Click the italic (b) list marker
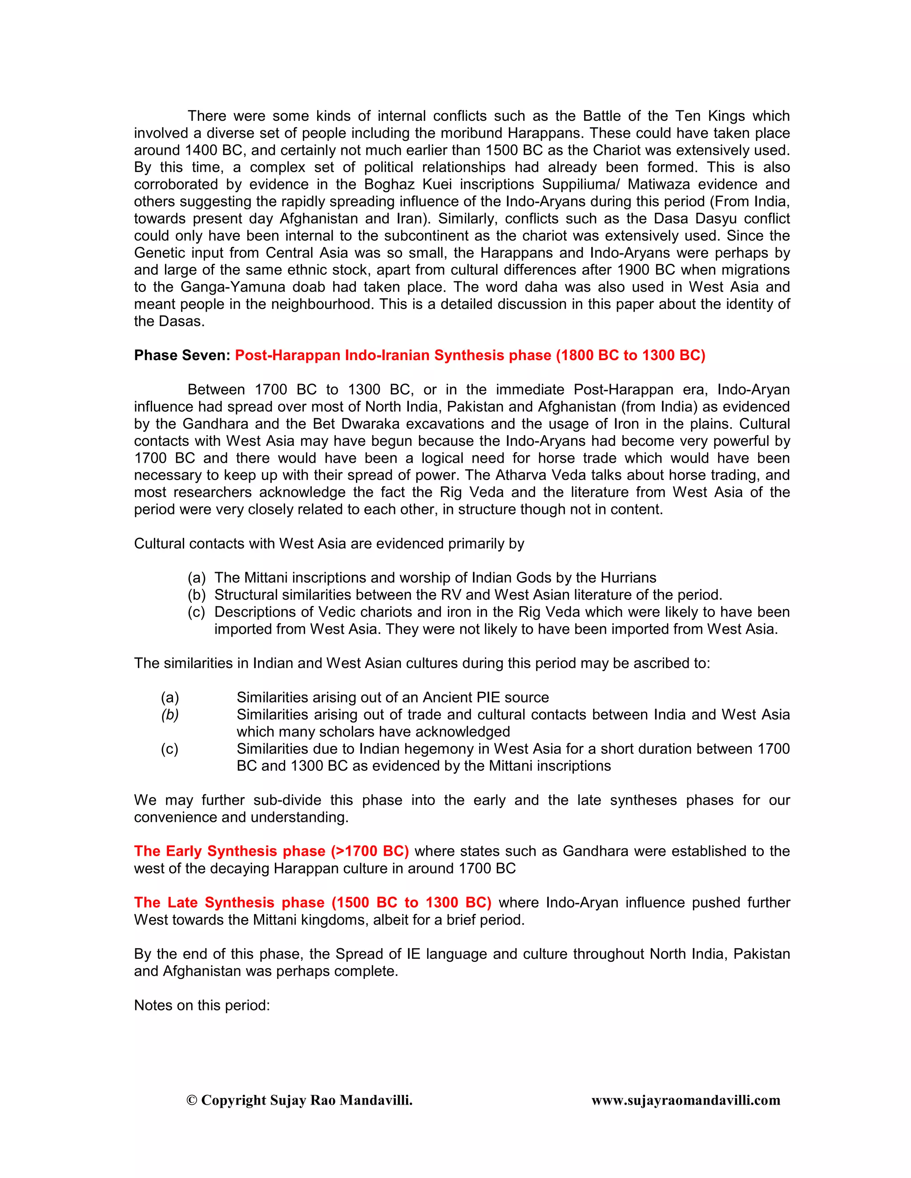[169, 715]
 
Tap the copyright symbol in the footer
[192, 1100]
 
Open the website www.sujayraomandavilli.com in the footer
[685, 1100]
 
